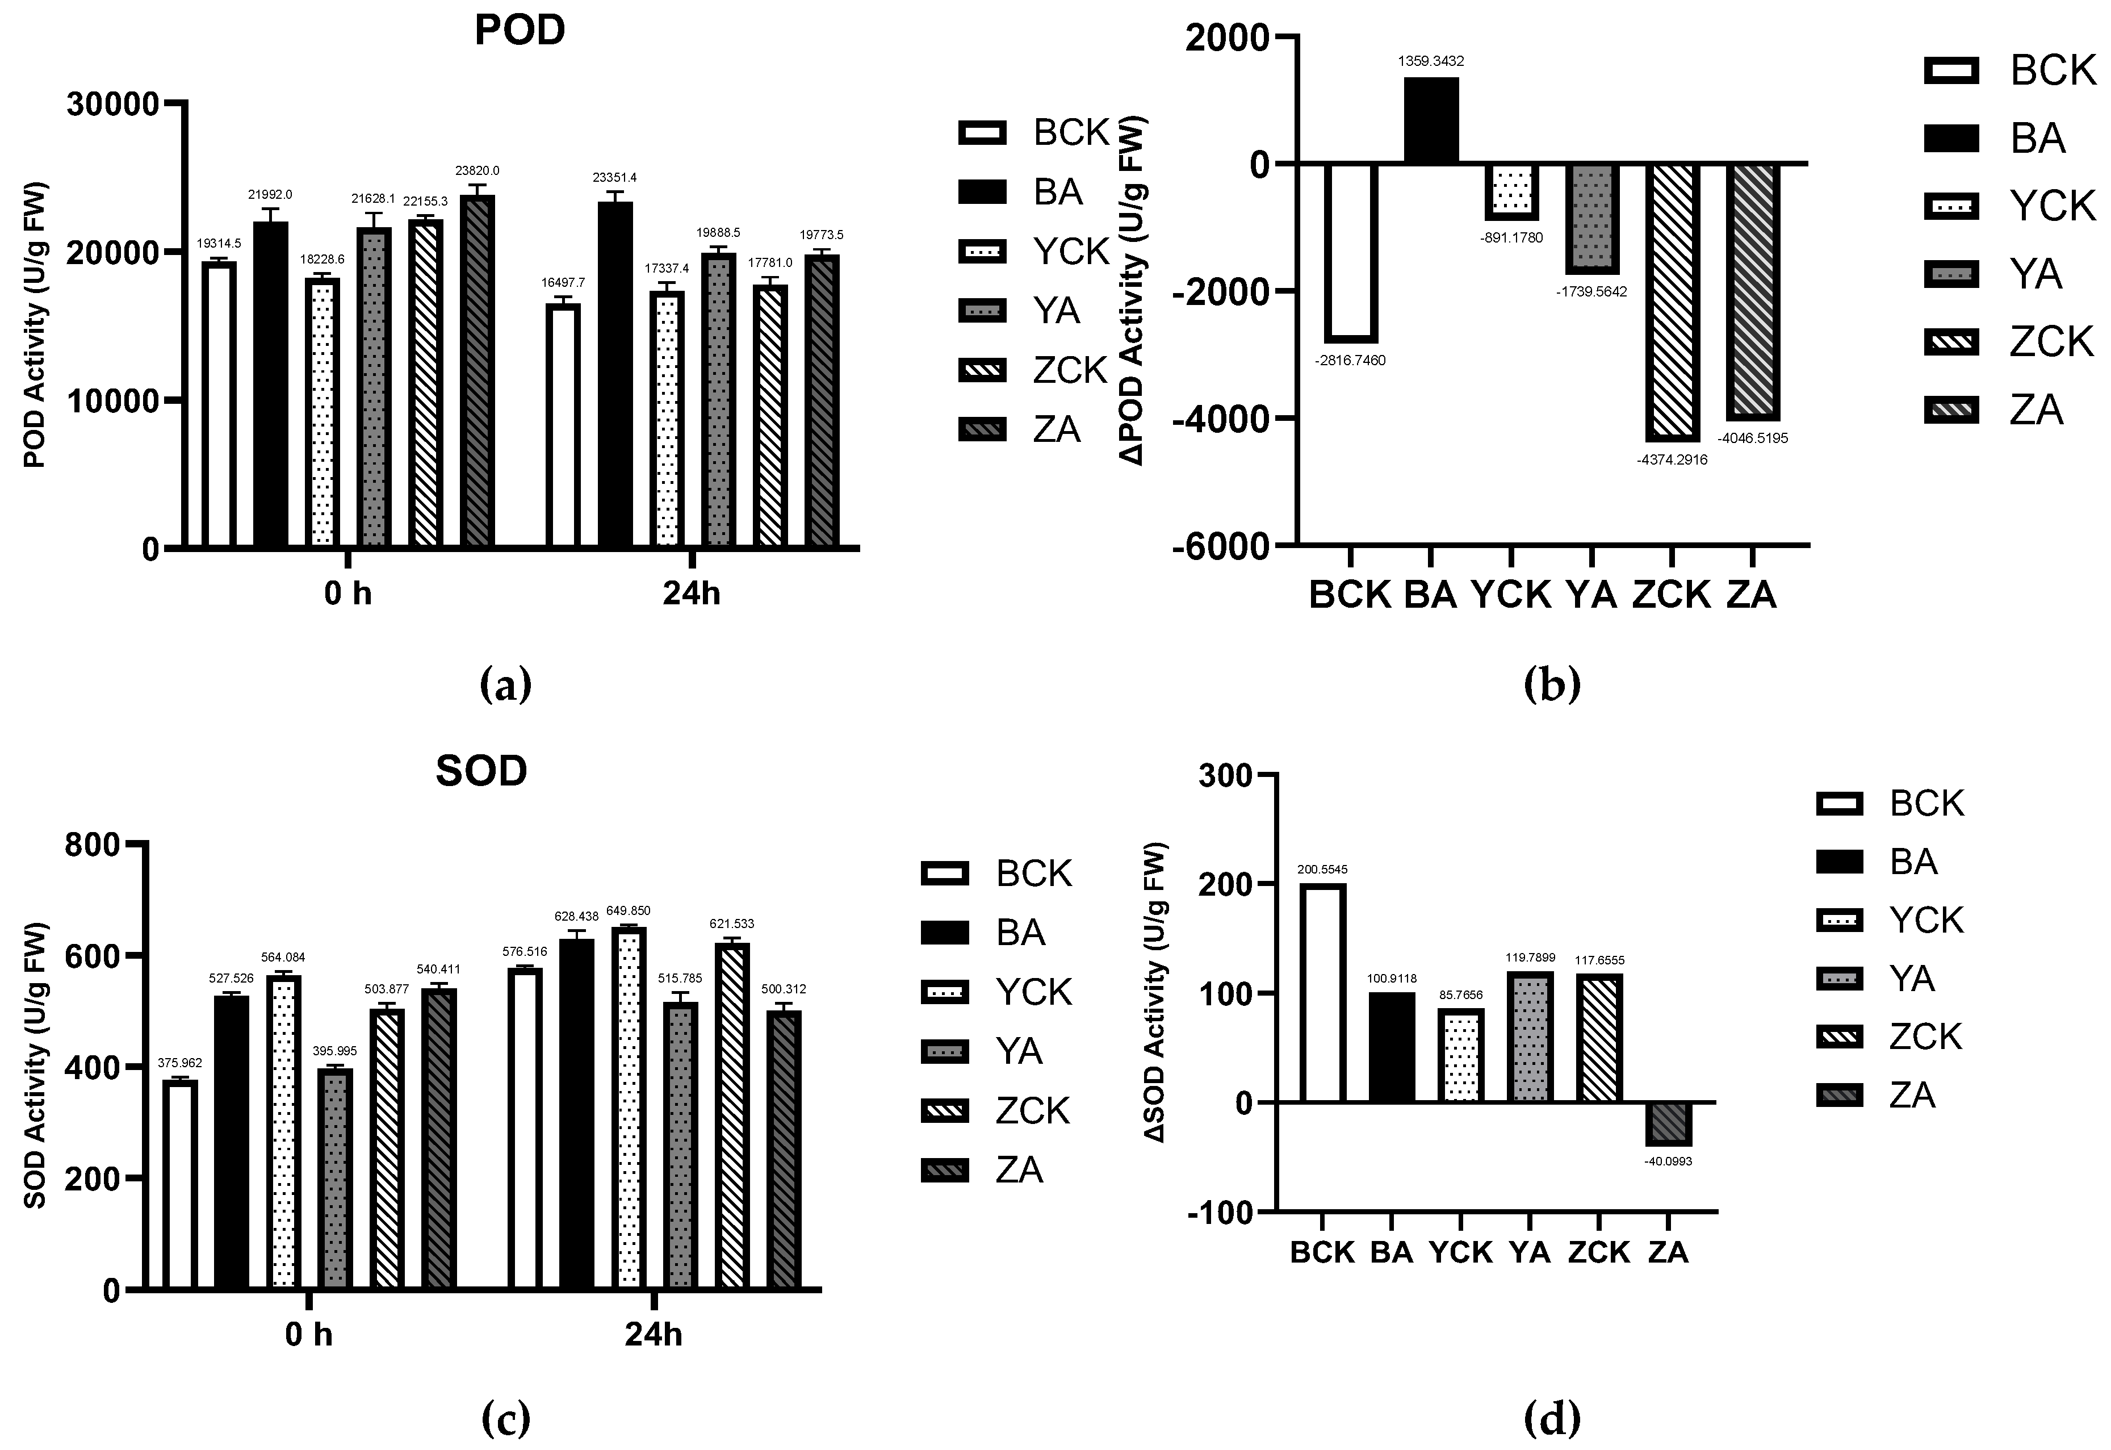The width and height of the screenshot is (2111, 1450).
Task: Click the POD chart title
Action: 520,31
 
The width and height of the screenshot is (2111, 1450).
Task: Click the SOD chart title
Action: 481,771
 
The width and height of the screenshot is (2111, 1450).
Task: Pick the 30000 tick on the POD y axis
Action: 112,105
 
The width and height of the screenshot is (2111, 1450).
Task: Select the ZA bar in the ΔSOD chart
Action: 1668,1124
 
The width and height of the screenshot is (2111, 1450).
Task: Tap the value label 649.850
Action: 629,911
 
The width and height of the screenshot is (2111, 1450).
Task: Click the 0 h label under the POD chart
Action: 348,594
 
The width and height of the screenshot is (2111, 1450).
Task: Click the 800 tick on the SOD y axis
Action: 92,845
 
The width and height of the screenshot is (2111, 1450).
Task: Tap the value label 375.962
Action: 178,1063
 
